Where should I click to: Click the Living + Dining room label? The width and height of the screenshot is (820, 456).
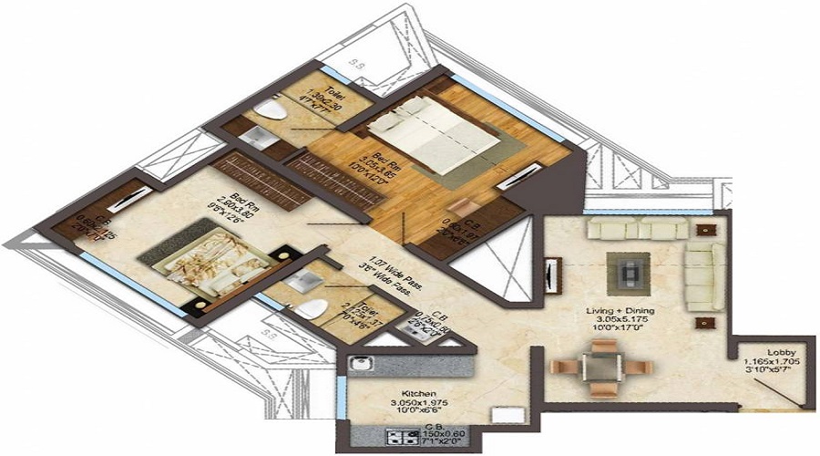pyautogui.click(x=622, y=311)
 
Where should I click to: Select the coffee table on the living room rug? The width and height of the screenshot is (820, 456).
pyautogui.click(x=629, y=271)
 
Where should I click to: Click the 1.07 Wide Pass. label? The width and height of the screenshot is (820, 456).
pyautogui.click(x=384, y=263)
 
